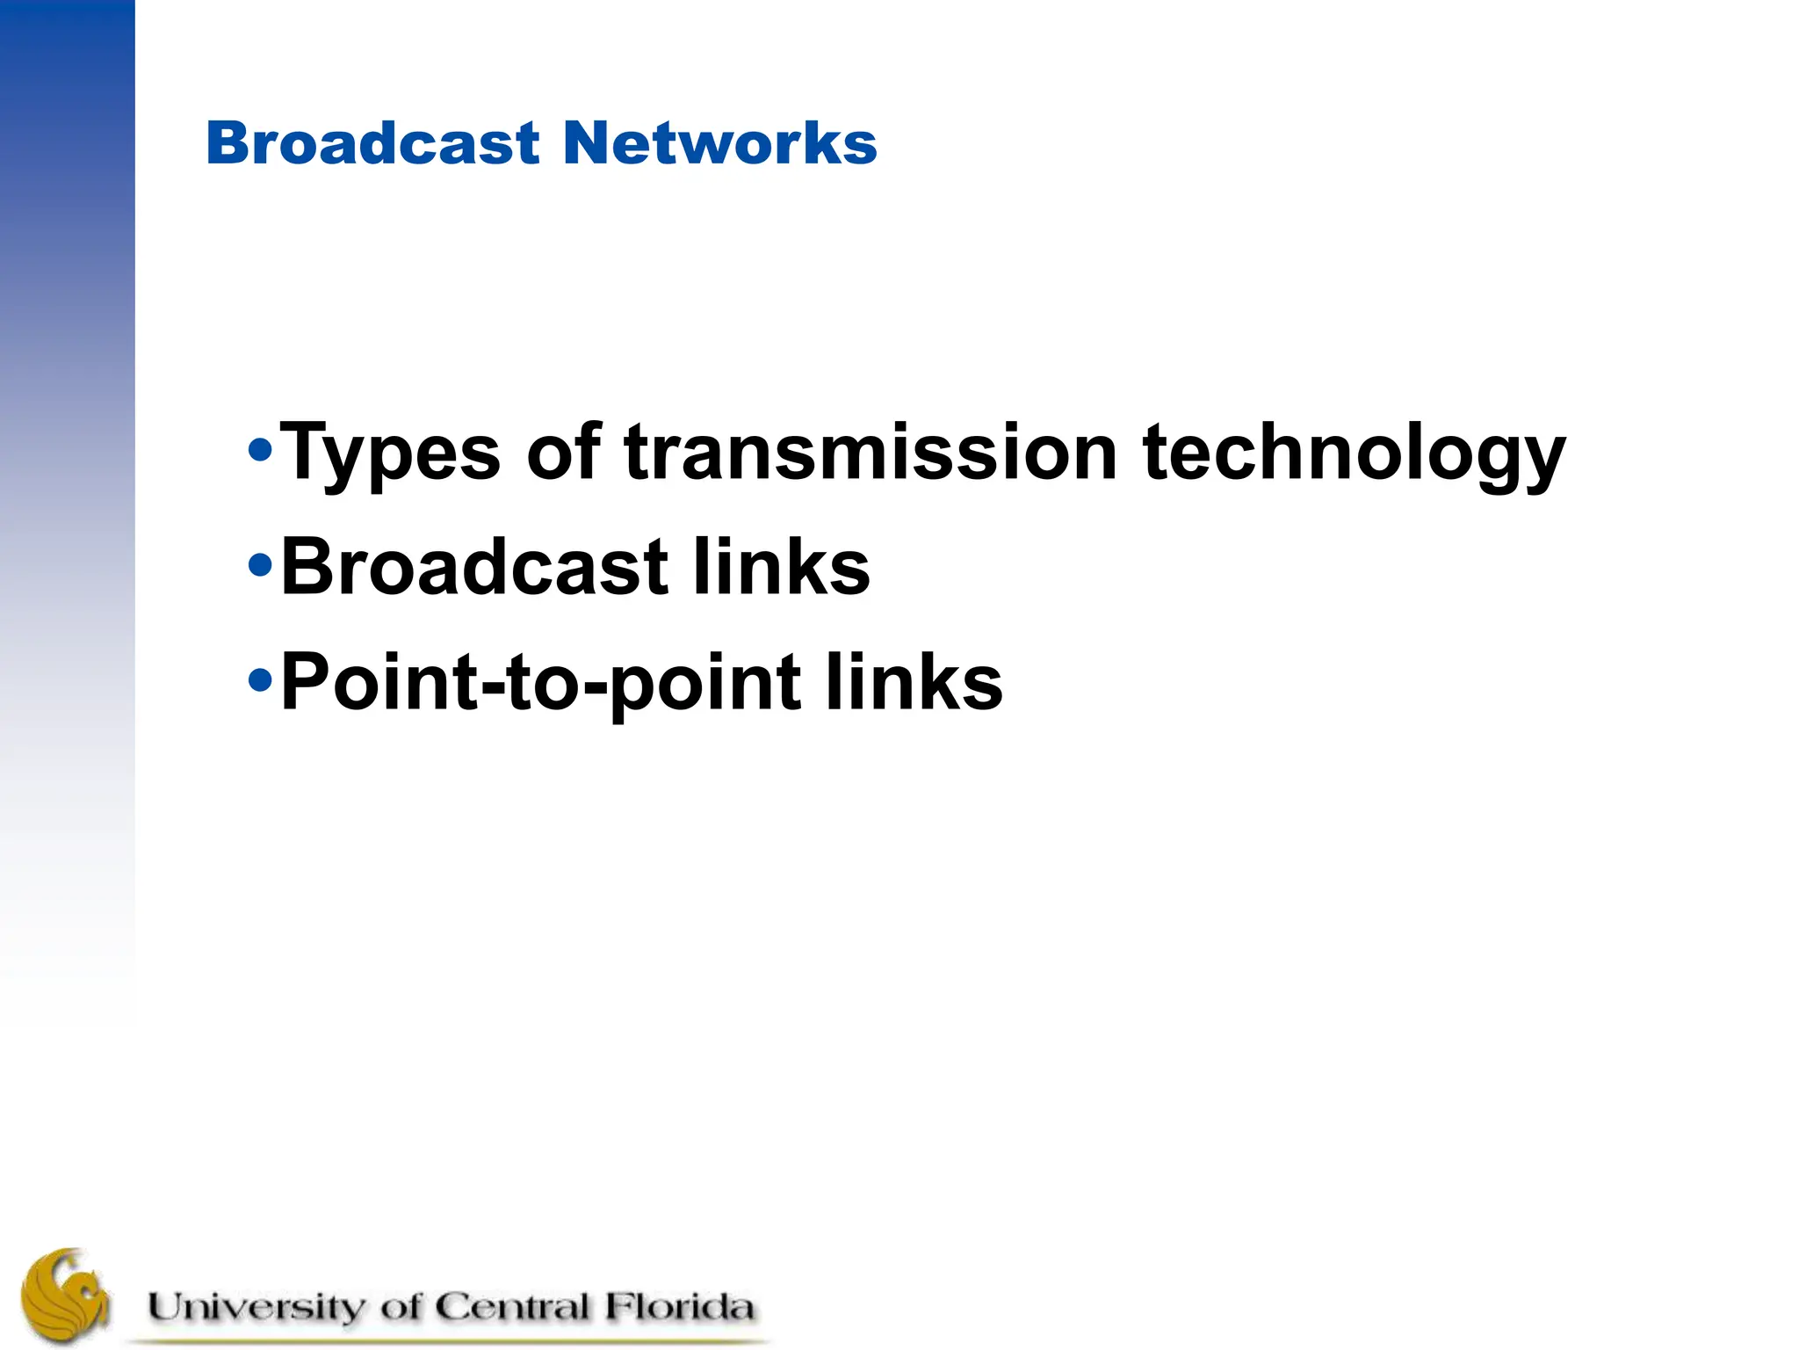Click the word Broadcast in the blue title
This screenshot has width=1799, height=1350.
372,142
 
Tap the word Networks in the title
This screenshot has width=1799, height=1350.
719,142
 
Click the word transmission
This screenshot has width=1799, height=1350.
870,453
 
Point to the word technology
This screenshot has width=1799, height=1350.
1354,454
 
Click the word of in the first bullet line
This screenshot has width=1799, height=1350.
563,453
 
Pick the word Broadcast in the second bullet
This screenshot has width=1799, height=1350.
474,567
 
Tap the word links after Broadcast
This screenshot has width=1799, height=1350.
781,567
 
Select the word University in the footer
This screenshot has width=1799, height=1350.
255,1307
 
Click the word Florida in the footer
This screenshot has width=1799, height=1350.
678,1307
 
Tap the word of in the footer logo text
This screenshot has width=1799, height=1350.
401,1307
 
